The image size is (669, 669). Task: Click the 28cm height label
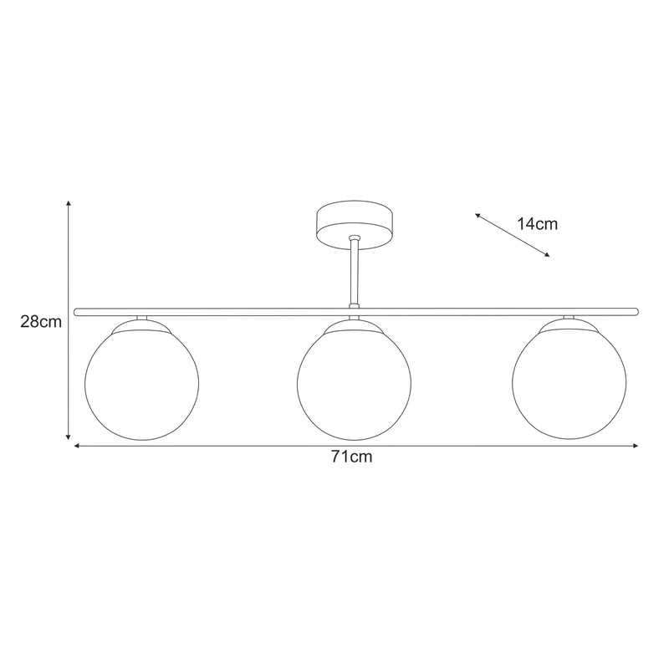pos(41,321)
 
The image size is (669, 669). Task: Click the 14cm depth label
pos(537,223)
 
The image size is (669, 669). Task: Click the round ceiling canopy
pos(355,221)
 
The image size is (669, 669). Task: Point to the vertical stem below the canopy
pos(355,272)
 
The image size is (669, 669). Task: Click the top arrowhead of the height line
pos(69,204)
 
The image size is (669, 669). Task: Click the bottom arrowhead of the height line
pos(69,437)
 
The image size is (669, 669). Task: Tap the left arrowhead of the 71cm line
pos(77,447)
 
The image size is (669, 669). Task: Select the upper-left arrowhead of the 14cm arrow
pos(477,215)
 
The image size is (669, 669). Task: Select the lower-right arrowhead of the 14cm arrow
pos(548,255)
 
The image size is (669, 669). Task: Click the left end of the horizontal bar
pos(77,312)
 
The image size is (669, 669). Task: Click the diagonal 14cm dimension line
pos(513,235)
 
